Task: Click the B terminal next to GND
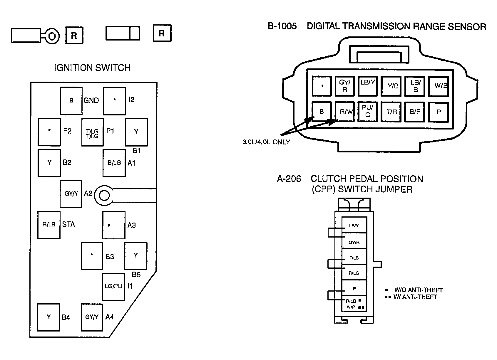(71, 101)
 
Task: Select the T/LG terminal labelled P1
(93, 132)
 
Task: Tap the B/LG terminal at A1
(114, 163)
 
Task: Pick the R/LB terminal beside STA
(49, 225)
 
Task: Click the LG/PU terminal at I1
(113, 287)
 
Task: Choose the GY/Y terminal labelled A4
(92, 317)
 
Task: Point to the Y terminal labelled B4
(48, 317)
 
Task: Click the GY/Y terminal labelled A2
(71, 194)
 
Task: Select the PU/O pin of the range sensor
(368, 112)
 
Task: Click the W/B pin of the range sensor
(439, 86)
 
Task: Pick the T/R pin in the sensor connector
(391, 112)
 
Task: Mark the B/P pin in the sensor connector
(414, 112)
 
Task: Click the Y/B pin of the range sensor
(391, 86)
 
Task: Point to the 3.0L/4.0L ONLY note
(266, 142)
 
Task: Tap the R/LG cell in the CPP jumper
(354, 272)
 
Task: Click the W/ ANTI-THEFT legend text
(415, 297)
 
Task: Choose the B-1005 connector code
(282, 26)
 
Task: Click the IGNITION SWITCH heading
(92, 68)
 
